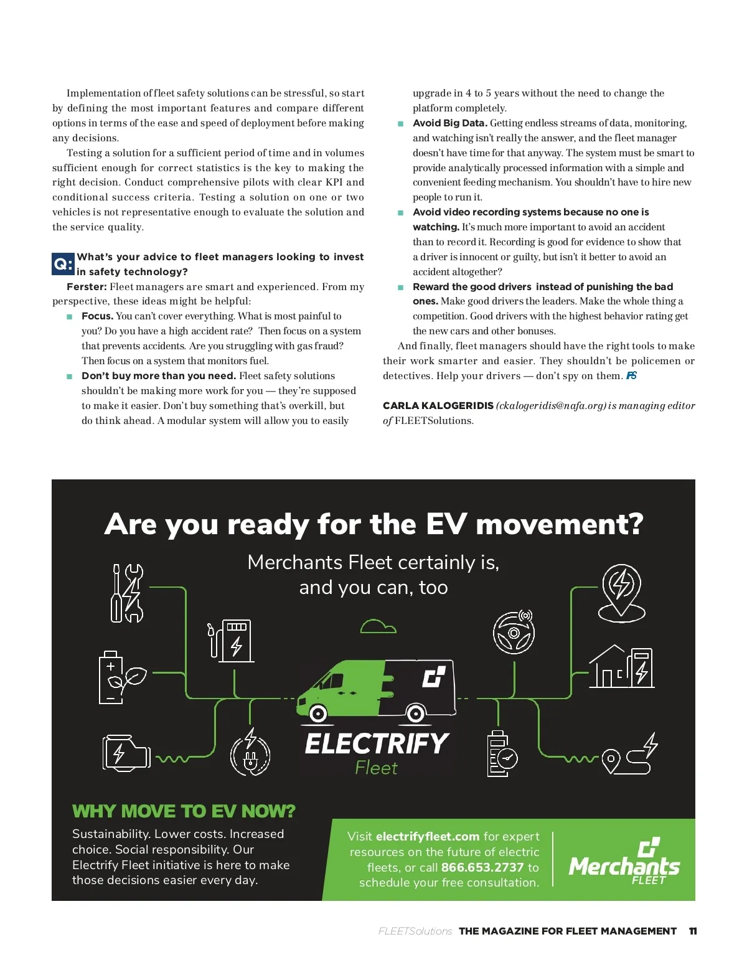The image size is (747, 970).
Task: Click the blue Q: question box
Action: tap(63, 264)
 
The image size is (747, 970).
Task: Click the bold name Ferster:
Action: tap(87, 287)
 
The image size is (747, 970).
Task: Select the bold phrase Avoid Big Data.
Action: tap(449, 123)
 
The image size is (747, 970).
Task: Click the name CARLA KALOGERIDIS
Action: tap(438, 406)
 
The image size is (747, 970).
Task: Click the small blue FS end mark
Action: tap(631, 375)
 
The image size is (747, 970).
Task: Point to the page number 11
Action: tap(693, 931)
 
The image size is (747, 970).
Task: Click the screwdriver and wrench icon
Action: tap(126, 593)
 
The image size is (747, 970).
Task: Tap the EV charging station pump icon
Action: tap(231, 641)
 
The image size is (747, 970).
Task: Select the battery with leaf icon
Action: tap(121, 677)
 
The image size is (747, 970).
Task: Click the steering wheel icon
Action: tap(514, 632)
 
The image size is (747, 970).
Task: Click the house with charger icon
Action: tap(621, 667)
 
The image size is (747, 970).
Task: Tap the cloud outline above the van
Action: tap(378, 626)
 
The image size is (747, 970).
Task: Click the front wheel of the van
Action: tap(318, 713)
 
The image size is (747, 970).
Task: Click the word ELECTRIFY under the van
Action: tap(377, 743)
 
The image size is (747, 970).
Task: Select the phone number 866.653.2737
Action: tap(482, 867)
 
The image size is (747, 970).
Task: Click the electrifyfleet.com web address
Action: tap(428, 837)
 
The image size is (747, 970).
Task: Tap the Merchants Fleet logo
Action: tap(624, 862)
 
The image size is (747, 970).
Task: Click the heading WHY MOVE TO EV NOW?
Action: tap(184, 811)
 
